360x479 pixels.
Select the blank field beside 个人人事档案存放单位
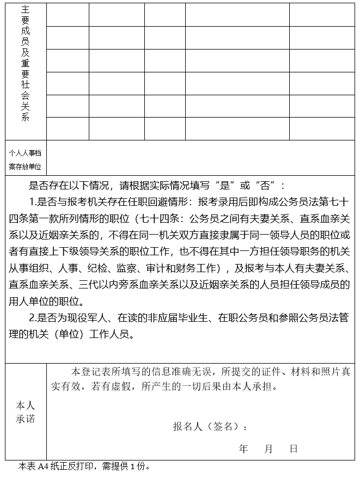click(200, 158)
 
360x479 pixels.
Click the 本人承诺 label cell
click(26, 412)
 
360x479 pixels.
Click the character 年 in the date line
click(243, 449)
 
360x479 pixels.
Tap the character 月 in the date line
click(269, 449)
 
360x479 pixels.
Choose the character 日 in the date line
click(294, 449)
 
